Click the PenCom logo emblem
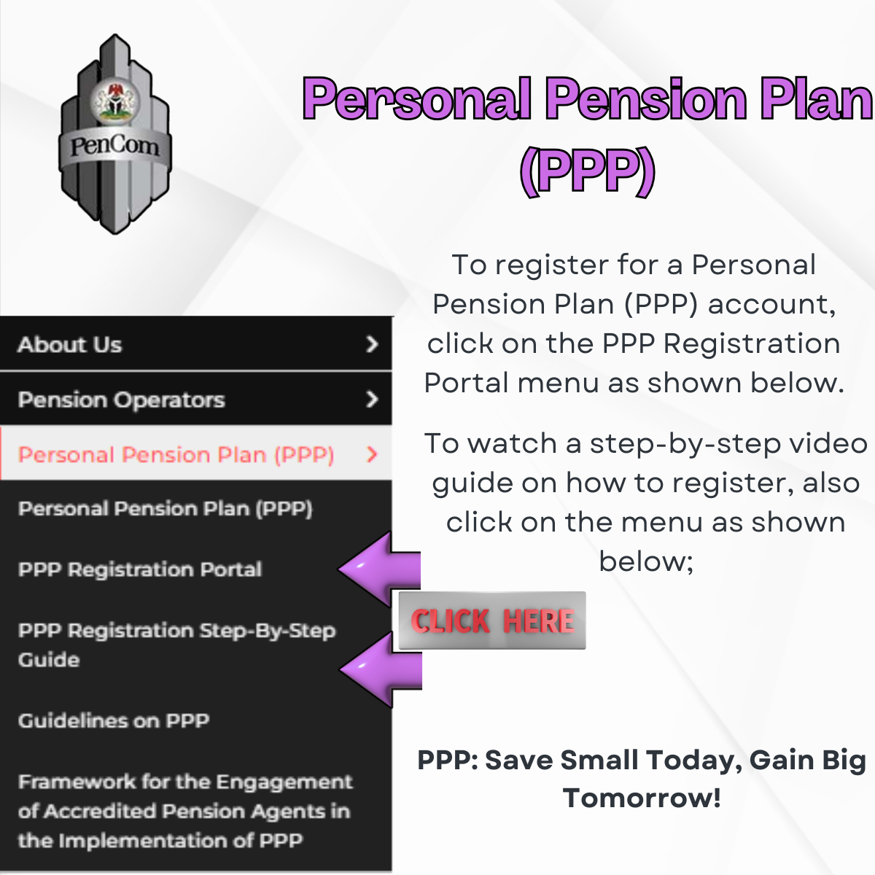click(x=115, y=134)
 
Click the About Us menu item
click(x=70, y=345)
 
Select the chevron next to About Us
click(x=372, y=344)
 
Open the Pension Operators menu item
click(x=121, y=400)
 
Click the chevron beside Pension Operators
click(x=372, y=399)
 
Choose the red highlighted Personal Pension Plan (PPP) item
click(x=176, y=454)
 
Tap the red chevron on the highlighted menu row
click(x=372, y=454)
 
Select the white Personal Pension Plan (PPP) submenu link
click(x=166, y=509)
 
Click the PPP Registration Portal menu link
click(x=140, y=569)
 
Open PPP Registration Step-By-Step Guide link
click(x=177, y=645)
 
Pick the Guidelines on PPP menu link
click(x=114, y=720)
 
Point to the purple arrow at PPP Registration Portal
click(x=380, y=569)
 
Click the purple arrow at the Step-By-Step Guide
click(x=381, y=669)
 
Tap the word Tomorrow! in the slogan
click(x=642, y=798)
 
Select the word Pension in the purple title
click(x=647, y=98)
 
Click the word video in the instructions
click(x=828, y=443)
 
